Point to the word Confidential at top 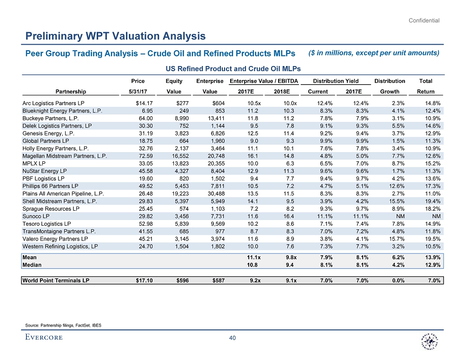point(424,20)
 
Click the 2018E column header point(280,92)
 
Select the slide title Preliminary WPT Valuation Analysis point(115,36)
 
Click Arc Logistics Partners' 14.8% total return point(432,103)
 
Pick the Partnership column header point(71,92)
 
